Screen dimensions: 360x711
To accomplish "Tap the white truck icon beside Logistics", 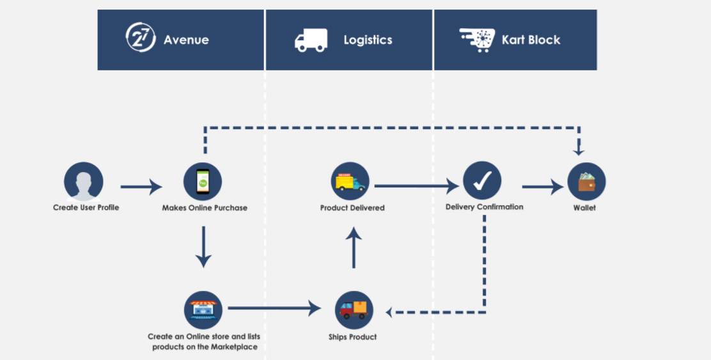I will click(311, 40).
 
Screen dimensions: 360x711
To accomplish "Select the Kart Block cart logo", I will click(476, 39).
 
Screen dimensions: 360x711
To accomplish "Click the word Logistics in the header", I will click(368, 40).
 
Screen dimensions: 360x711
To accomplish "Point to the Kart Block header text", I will click(531, 40).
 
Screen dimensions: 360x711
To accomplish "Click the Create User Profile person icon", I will click(84, 182).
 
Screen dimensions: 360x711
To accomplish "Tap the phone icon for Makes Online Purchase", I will click(203, 182).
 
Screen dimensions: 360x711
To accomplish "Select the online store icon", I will click(203, 310).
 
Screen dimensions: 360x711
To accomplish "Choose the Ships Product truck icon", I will click(354, 310).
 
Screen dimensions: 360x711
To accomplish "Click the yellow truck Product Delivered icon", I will click(350, 182).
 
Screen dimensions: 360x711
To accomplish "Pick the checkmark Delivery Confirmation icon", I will click(482, 182).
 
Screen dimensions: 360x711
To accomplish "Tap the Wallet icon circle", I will click(586, 182).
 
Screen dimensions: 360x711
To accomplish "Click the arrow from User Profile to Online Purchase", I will click(141, 187).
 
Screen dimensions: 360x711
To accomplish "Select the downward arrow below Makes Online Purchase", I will click(203, 246).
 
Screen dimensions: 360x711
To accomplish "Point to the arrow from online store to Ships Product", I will click(274, 308).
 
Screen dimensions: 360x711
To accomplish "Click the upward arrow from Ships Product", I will click(354, 249).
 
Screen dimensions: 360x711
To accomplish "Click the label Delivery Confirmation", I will click(484, 207).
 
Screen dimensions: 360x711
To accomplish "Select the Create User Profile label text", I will click(86, 208).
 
